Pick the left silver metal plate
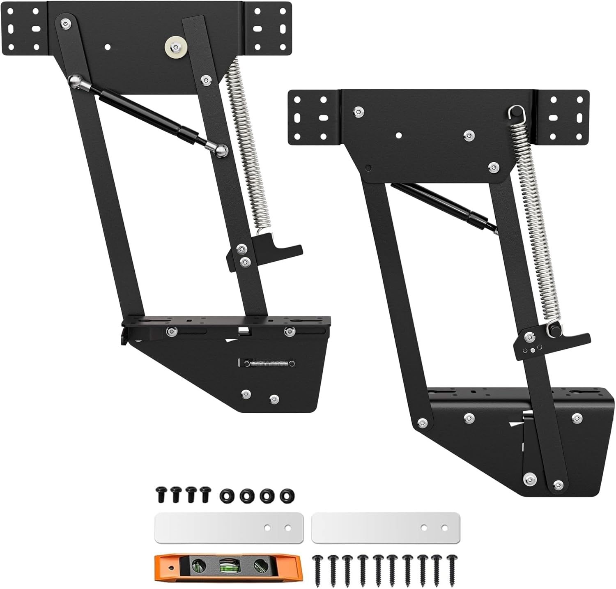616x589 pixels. (228, 527)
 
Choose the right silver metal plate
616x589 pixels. (385, 527)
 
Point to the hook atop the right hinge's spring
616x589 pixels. (513, 112)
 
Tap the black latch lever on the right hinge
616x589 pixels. (571, 339)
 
